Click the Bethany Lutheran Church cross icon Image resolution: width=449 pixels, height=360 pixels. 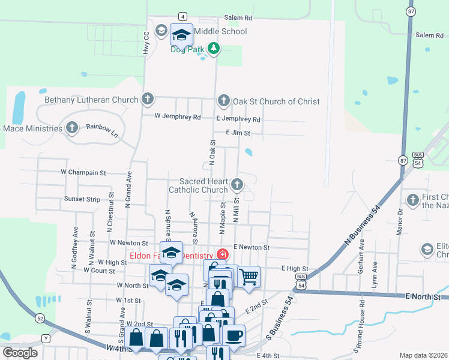(148, 99)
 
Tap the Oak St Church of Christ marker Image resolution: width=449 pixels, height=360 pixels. (223, 101)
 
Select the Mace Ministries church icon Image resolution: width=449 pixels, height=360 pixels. (72, 128)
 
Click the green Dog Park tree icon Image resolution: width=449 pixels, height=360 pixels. (212, 48)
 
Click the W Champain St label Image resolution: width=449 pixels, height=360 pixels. (83, 172)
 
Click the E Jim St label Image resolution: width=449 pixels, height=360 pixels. (237, 133)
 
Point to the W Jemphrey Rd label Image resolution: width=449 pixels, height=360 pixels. (177, 117)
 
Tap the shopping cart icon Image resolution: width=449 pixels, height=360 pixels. (249, 277)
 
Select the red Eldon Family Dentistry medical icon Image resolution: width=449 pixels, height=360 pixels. (222, 254)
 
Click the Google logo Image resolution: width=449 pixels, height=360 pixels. (20, 353)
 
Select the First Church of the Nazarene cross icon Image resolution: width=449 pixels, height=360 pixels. (412, 200)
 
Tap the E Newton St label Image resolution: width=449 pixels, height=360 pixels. (252, 247)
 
